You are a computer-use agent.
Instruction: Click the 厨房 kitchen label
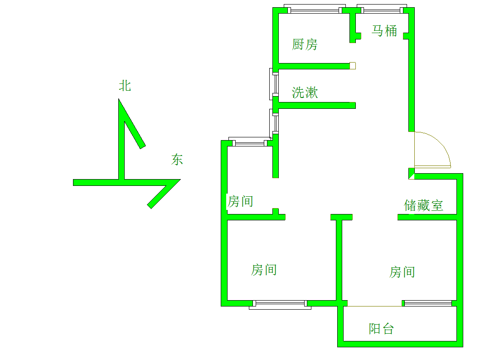pyautogui.click(x=305, y=44)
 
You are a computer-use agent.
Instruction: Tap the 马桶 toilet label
pyautogui.click(x=384, y=31)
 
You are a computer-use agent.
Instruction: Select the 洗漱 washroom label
pyautogui.click(x=305, y=92)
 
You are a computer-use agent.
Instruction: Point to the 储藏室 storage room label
pyautogui.click(x=423, y=205)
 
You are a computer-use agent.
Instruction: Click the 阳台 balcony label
pyautogui.click(x=381, y=328)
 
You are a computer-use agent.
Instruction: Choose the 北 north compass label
pyautogui.click(x=125, y=86)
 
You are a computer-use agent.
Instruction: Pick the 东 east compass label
pyautogui.click(x=177, y=160)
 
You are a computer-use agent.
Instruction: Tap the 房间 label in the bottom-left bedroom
pyautogui.click(x=264, y=270)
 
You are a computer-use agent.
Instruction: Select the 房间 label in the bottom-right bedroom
pyautogui.click(x=402, y=272)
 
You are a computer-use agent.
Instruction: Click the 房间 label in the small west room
pyautogui.click(x=240, y=201)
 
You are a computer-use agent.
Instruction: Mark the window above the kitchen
pyautogui.click(x=315, y=9)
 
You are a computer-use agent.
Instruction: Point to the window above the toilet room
pyautogui.click(x=382, y=9)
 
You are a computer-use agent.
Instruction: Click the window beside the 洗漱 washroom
pyautogui.click(x=274, y=84)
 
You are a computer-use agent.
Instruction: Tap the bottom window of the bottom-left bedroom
pyautogui.click(x=280, y=305)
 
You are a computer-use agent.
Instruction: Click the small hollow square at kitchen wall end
pyautogui.click(x=353, y=66)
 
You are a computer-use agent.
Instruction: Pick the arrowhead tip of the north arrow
pyautogui.click(x=118, y=99)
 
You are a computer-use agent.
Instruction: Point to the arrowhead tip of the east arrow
pyautogui.click(x=180, y=180)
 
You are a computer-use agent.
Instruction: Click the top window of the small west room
pyautogui.click(x=250, y=141)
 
